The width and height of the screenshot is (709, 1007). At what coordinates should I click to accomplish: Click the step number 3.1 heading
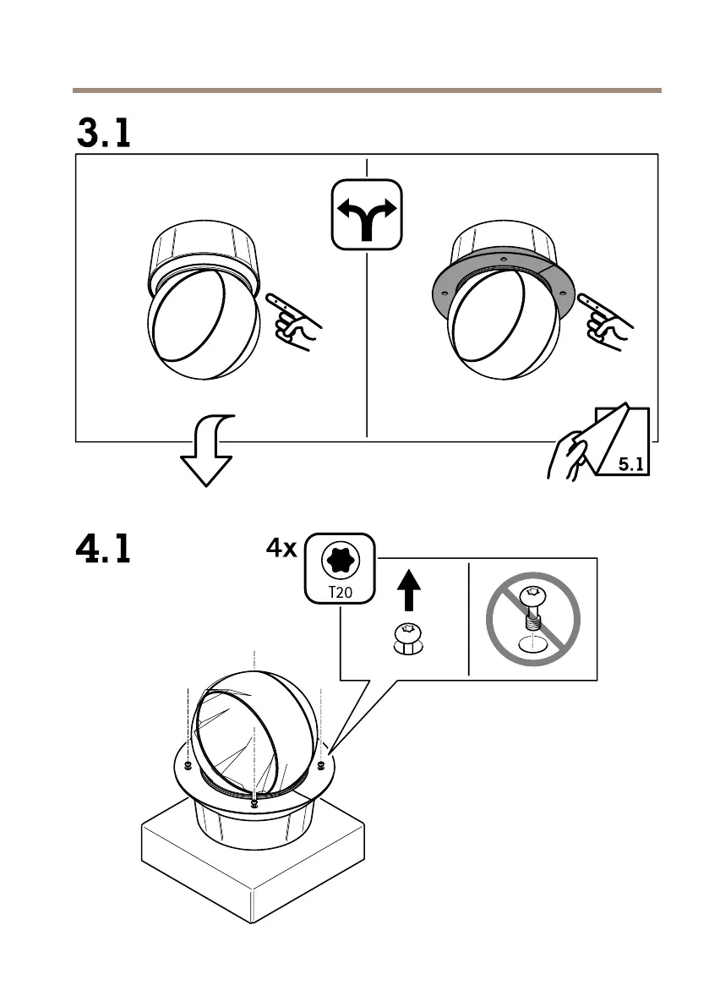coord(104,133)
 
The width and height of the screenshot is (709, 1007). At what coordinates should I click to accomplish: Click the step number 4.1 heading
coord(104,550)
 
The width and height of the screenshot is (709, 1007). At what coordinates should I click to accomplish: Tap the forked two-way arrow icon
coord(366,215)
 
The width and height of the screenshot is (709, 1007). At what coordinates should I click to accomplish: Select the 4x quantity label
coord(281,549)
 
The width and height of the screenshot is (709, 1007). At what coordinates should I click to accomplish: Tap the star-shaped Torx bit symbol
coord(340,559)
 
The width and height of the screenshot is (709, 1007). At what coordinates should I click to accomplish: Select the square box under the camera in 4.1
coord(254,871)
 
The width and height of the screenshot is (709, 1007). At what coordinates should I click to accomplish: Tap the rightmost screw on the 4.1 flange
coord(321,766)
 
